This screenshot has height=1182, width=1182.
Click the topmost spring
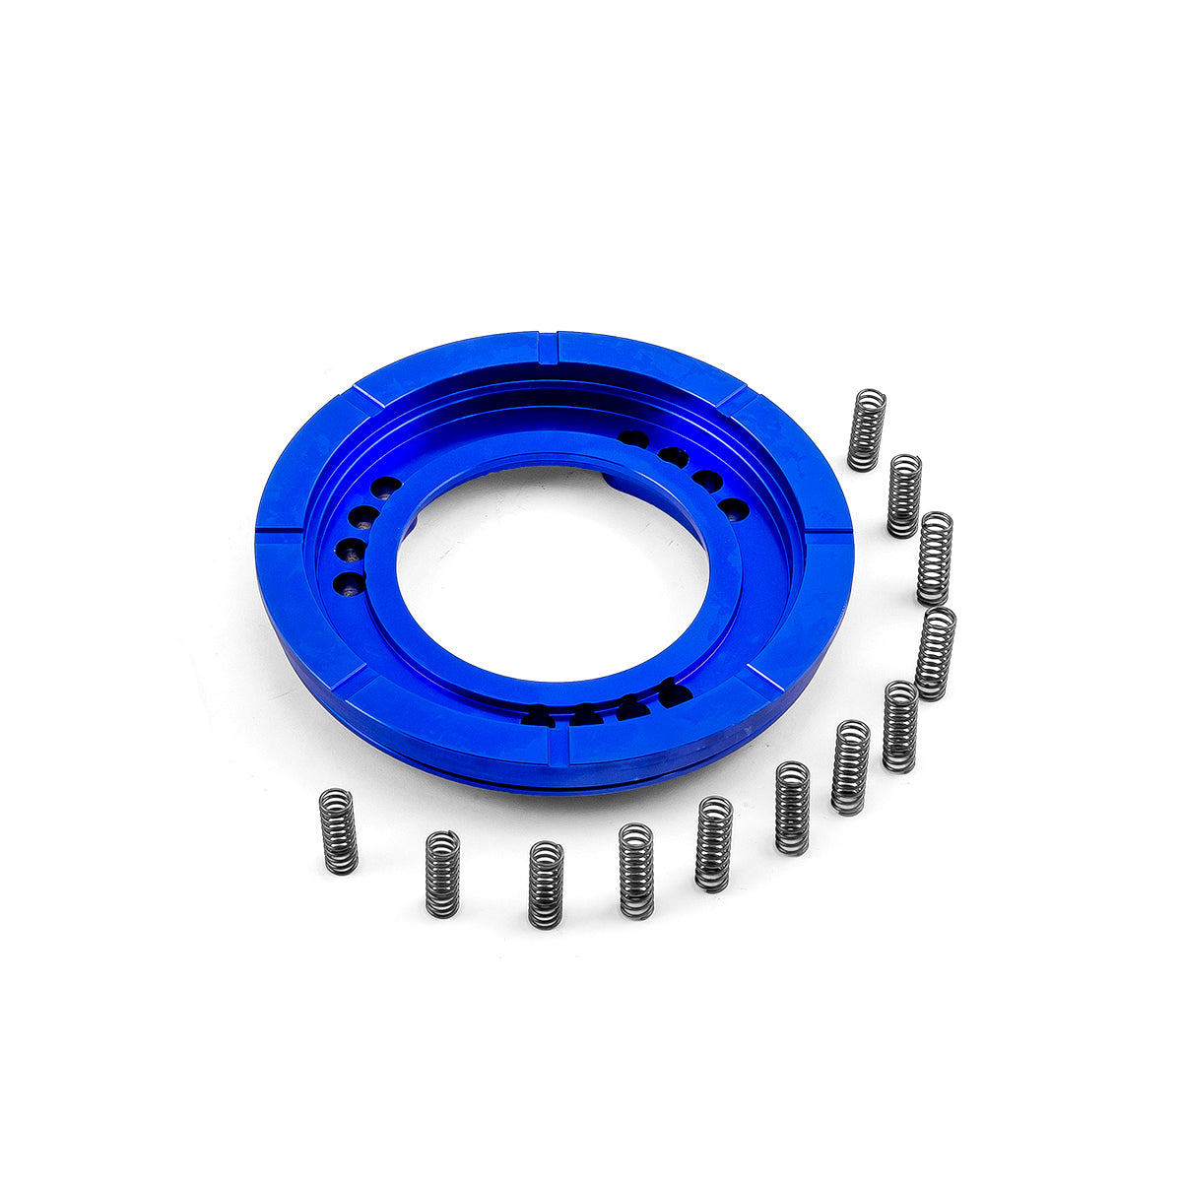(867, 430)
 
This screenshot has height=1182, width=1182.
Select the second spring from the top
(904, 495)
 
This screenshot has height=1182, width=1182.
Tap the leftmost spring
(339, 831)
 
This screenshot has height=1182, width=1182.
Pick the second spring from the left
(442, 874)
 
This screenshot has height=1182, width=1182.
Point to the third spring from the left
(546, 884)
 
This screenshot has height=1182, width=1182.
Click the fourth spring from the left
(636, 871)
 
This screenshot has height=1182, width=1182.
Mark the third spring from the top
(935, 558)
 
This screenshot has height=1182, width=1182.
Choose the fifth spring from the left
(714, 844)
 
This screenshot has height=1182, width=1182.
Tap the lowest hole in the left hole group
(348, 584)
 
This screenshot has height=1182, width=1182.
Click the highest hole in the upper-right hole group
(633, 438)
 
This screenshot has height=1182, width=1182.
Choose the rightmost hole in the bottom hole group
(675, 693)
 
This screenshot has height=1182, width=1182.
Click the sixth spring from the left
(792, 808)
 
